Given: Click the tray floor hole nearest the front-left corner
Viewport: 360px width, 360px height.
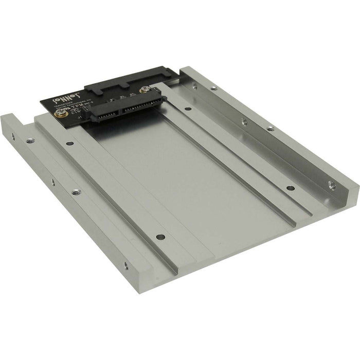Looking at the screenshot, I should [x=160, y=237].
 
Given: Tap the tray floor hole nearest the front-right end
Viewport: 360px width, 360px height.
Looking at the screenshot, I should [x=290, y=188].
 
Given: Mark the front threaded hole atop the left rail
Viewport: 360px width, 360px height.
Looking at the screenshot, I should [x=76, y=192].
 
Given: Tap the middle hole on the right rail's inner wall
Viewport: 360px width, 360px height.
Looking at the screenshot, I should [x=244, y=122].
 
